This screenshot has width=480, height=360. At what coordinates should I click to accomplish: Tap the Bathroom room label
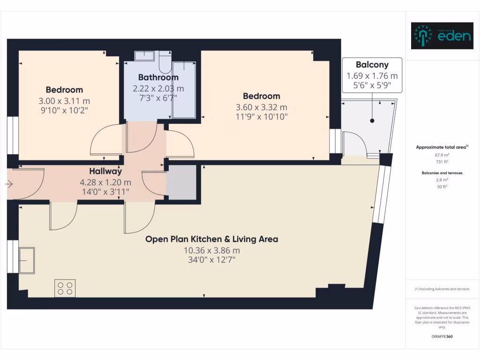pyautogui.click(x=158, y=77)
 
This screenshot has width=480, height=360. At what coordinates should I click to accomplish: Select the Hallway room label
pyautogui.click(x=105, y=172)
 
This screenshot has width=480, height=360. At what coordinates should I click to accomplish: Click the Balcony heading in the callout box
pyautogui.click(x=372, y=65)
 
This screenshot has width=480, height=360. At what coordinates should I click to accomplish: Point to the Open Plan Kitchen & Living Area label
pyautogui.click(x=211, y=239)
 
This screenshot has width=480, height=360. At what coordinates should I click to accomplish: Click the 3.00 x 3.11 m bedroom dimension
pyautogui.click(x=64, y=101)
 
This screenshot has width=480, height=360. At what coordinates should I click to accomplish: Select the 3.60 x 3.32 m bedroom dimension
pyautogui.click(x=261, y=107)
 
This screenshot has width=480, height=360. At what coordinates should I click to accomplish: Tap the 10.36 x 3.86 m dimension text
pyautogui.click(x=211, y=250)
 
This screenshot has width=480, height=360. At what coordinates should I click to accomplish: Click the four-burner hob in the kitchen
pyautogui.click(x=65, y=288)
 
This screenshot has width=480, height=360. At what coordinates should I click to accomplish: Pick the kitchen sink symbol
pyautogui.click(x=26, y=261)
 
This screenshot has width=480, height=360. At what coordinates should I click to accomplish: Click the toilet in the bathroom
pyautogui.click(x=165, y=61)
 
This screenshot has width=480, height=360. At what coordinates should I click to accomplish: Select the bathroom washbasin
pyautogui.click(x=144, y=56)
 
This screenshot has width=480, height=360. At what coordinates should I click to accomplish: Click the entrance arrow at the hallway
pyautogui.click(x=8, y=185)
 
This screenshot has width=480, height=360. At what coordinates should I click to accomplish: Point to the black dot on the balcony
pyautogui.click(x=372, y=121)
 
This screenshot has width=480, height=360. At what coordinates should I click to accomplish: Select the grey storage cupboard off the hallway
pyautogui.click(x=181, y=182)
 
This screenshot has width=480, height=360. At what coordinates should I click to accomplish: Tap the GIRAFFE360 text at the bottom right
pyautogui.click(x=442, y=337)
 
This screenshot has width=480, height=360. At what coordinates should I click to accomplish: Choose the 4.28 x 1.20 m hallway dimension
pyautogui.click(x=105, y=182)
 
